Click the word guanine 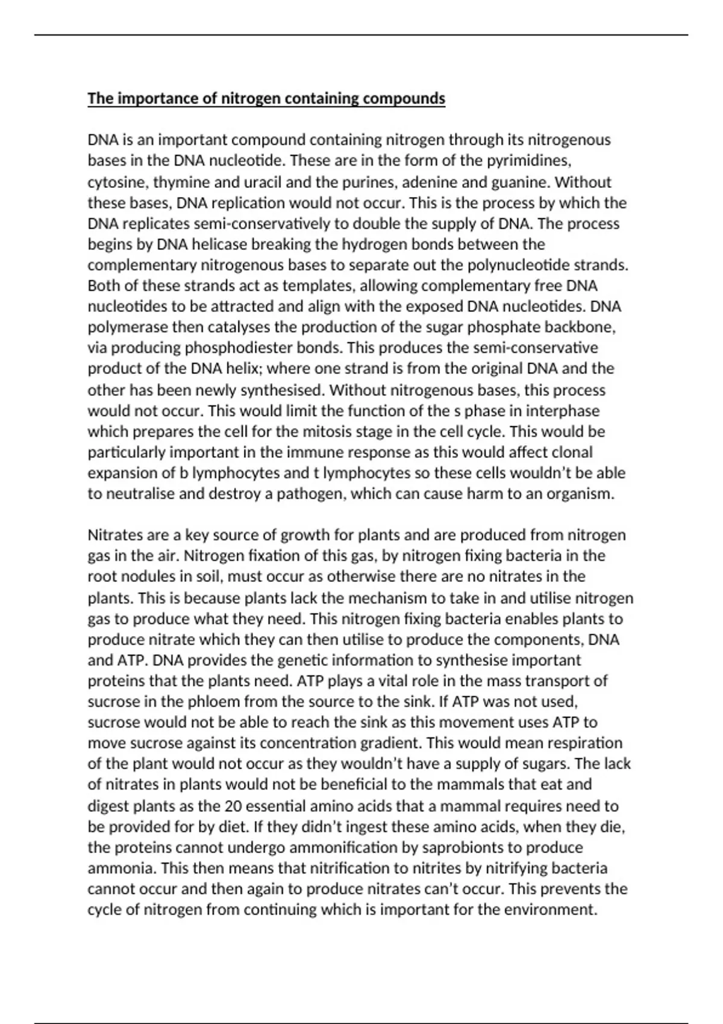[x=520, y=182]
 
